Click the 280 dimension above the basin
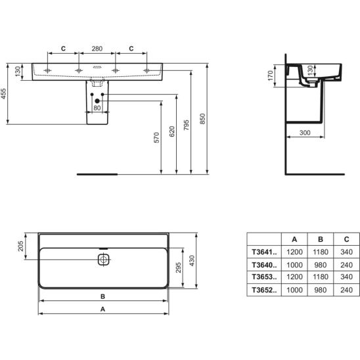point(97,49)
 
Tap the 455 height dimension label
point(4,93)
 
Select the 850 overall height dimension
point(202,119)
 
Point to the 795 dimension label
point(186,125)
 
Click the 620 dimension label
point(172,131)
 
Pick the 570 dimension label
point(156,137)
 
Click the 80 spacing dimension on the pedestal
point(97,108)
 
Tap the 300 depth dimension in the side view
point(305,133)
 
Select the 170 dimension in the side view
point(271,76)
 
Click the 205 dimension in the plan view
point(20,246)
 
